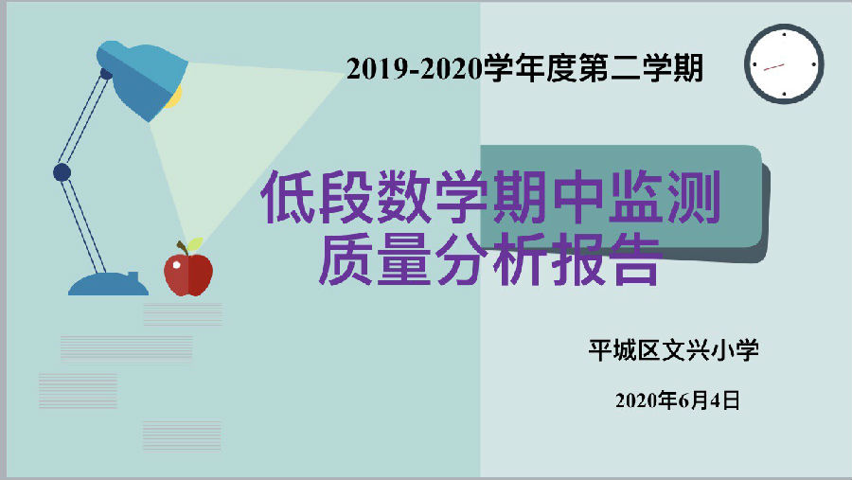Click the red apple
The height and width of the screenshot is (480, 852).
188,274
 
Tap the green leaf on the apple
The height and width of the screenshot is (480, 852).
194,244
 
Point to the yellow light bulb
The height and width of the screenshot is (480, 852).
175,98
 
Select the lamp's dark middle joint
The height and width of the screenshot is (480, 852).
62,172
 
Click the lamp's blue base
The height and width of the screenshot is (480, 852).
108,284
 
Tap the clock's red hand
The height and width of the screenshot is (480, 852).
774,67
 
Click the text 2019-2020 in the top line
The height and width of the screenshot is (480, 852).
414,69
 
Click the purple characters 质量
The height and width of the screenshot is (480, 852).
376,259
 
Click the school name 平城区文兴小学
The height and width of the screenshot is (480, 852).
674,350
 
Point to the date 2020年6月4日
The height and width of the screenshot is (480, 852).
678,400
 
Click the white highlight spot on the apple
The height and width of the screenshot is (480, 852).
177,265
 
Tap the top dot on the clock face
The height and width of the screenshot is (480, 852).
784,34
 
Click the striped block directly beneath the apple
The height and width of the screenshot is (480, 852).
183,314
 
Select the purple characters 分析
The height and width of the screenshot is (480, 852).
490,259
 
